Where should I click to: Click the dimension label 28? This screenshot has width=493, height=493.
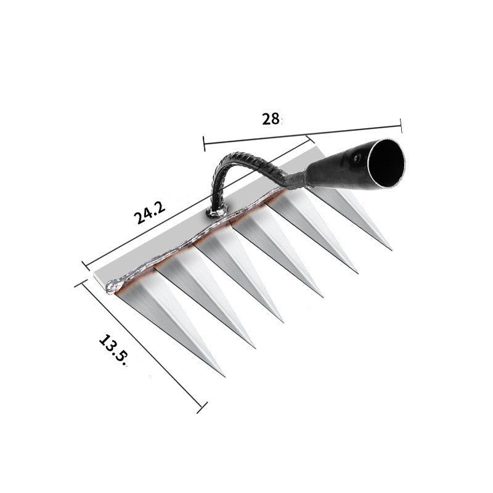coord(271,119)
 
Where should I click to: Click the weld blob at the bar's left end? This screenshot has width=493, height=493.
coord(113,285)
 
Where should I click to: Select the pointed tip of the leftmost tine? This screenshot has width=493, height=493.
coord(224,375)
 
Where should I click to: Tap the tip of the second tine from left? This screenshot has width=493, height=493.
coord(254,347)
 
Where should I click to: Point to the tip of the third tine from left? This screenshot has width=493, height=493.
coord(283,321)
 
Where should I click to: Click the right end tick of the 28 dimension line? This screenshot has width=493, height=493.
coord(401,126)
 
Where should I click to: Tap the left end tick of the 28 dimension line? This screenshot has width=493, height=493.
coord(204,143)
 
